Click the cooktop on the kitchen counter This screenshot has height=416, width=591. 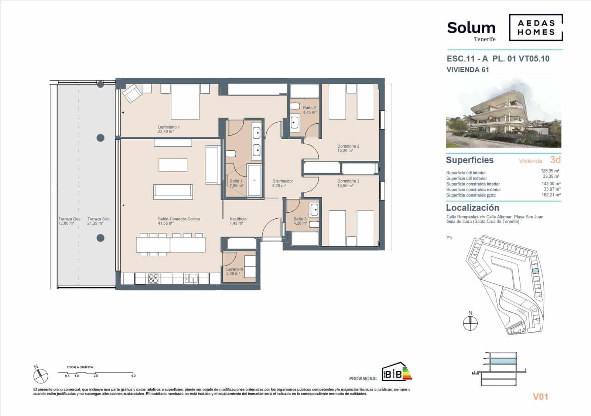[153, 278]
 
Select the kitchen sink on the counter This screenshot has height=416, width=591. [191, 278]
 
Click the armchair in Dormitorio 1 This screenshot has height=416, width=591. [131, 93]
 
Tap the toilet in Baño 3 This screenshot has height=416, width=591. [314, 224]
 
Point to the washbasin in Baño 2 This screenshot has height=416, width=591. [294, 122]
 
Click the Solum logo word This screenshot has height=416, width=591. [471, 28]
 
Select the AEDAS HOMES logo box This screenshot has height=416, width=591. [536, 27]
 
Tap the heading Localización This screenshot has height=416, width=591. [472, 208]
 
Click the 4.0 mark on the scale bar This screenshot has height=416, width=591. [133, 376]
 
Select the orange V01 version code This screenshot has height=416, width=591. [540, 397]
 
